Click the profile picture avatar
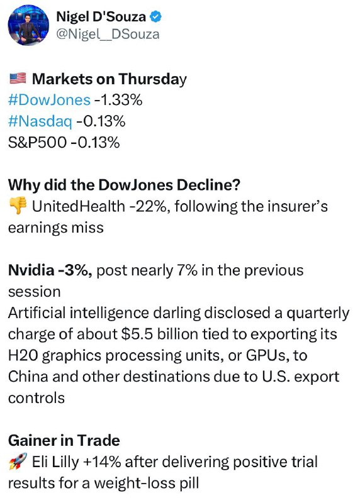tap(28, 25)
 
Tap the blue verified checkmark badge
tap(156, 17)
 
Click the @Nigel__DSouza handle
tap(108, 35)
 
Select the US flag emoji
tap(18, 78)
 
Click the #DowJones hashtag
tap(49, 100)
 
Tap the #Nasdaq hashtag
tap(40, 121)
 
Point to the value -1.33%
tap(118, 100)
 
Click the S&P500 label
tap(37, 143)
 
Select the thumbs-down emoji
tap(18, 206)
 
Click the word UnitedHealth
tap(79, 206)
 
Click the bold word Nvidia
tap(31, 270)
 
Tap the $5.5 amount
tap(137, 334)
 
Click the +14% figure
tap(102, 462)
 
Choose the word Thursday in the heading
tap(152, 79)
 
